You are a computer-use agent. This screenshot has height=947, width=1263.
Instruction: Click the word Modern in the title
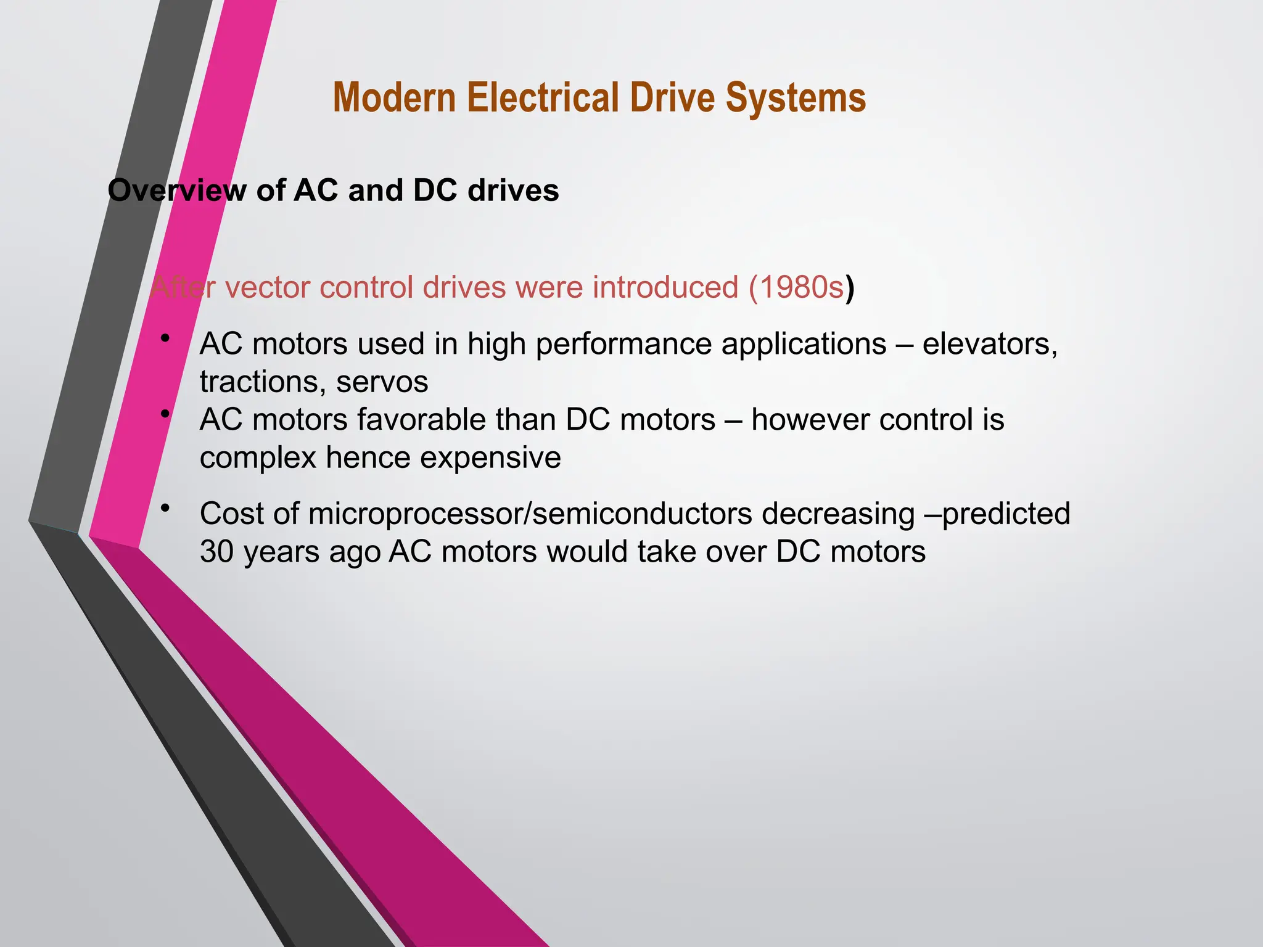tap(395, 99)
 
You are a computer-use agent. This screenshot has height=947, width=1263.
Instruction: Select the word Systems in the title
tap(796, 99)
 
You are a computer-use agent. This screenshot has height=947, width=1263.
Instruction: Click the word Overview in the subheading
tap(176, 191)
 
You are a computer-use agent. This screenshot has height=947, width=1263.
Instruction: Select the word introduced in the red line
tap(665, 288)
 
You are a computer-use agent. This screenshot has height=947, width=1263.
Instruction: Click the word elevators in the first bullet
tap(990, 344)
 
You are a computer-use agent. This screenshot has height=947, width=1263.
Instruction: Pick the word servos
tap(382, 382)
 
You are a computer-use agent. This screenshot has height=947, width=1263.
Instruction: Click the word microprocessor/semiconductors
tap(530, 514)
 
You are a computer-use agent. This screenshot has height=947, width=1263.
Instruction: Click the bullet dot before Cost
tap(165, 509)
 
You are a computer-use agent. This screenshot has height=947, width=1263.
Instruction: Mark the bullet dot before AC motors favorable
tap(165, 414)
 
